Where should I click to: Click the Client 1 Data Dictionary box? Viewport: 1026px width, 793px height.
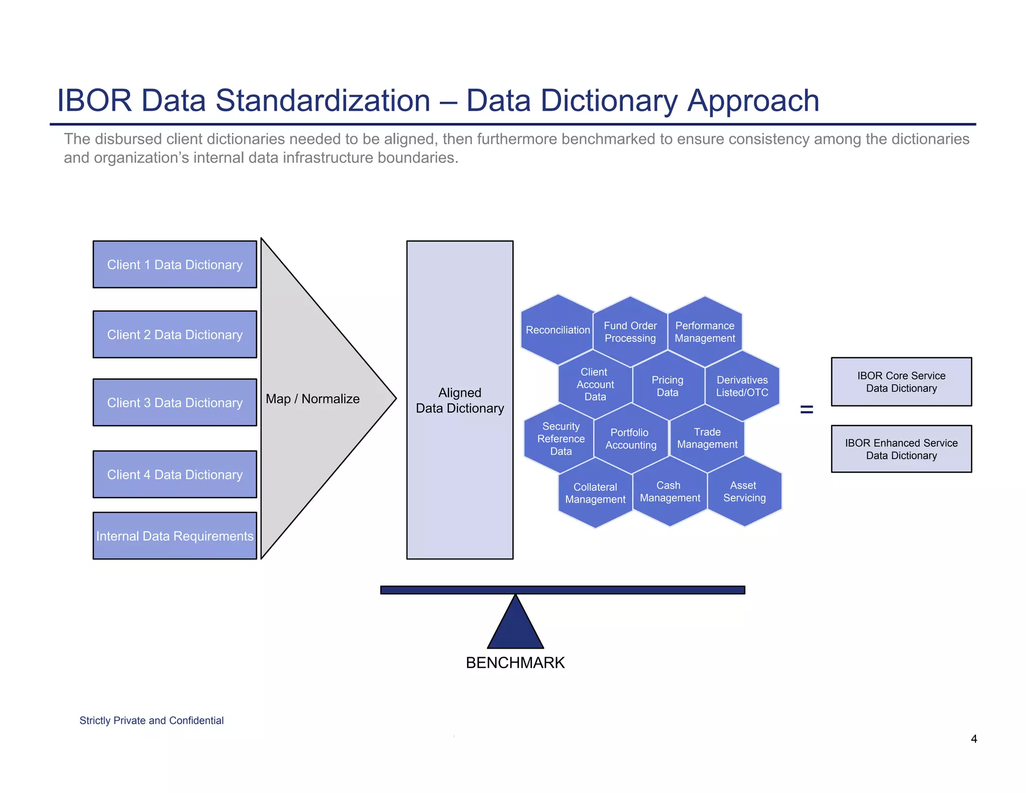click(175, 265)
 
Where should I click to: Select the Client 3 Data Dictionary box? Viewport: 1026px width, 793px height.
click(175, 403)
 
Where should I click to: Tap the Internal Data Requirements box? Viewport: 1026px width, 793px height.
click(175, 536)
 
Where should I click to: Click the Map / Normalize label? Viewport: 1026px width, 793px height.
click(313, 399)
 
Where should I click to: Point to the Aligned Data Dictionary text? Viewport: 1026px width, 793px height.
click(460, 401)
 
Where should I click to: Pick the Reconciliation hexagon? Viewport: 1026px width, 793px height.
click(558, 330)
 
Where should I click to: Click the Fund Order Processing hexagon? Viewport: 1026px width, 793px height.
click(630, 332)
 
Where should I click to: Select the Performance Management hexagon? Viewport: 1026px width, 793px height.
click(705, 332)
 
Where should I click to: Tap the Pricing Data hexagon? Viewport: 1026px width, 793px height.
click(668, 386)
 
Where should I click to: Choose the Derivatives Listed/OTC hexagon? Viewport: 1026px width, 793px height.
click(742, 386)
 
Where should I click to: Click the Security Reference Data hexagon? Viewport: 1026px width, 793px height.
click(561, 439)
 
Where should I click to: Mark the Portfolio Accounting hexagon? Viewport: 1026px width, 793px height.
click(631, 439)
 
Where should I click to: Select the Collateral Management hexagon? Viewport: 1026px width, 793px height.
click(595, 493)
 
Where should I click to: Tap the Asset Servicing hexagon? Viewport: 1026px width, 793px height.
click(744, 492)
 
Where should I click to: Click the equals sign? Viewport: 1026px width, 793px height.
click(807, 410)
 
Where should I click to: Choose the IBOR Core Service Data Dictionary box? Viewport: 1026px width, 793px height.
click(901, 382)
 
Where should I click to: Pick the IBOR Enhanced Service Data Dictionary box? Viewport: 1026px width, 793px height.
click(901, 449)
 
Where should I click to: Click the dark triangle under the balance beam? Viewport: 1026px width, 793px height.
click(516, 627)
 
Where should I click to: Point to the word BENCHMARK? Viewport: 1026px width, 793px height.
click(515, 663)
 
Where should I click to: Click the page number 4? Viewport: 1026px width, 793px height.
click(974, 739)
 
